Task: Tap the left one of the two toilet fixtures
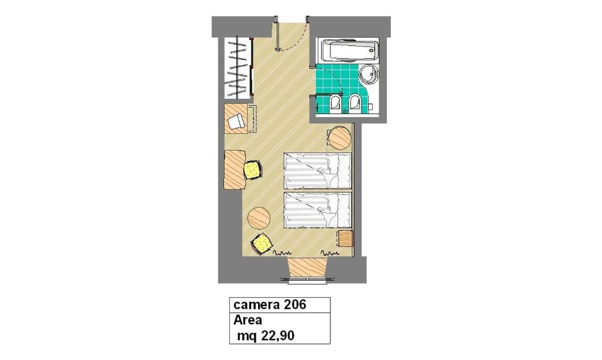click(x=336, y=103)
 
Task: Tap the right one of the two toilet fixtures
click(x=354, y=103)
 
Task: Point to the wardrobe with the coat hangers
click(x=238, y=68)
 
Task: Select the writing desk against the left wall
click(x=235, y=169)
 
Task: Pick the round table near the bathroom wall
click(x=340, y=138)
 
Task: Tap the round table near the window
click(x=259, y=218)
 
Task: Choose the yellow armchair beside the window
click(x=262, y=244)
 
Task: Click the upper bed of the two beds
click(x=317, y=171)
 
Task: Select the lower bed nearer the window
click(x=317, y=211)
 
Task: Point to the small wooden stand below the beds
click(x=345, y=239)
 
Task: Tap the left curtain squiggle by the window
click(x=282, y=253)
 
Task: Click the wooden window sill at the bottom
click(x=307, y=266)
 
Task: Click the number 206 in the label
click(x=295, y=305)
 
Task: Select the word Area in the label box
click(x=248, y=319)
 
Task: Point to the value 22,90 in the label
click(x=277, y=336)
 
